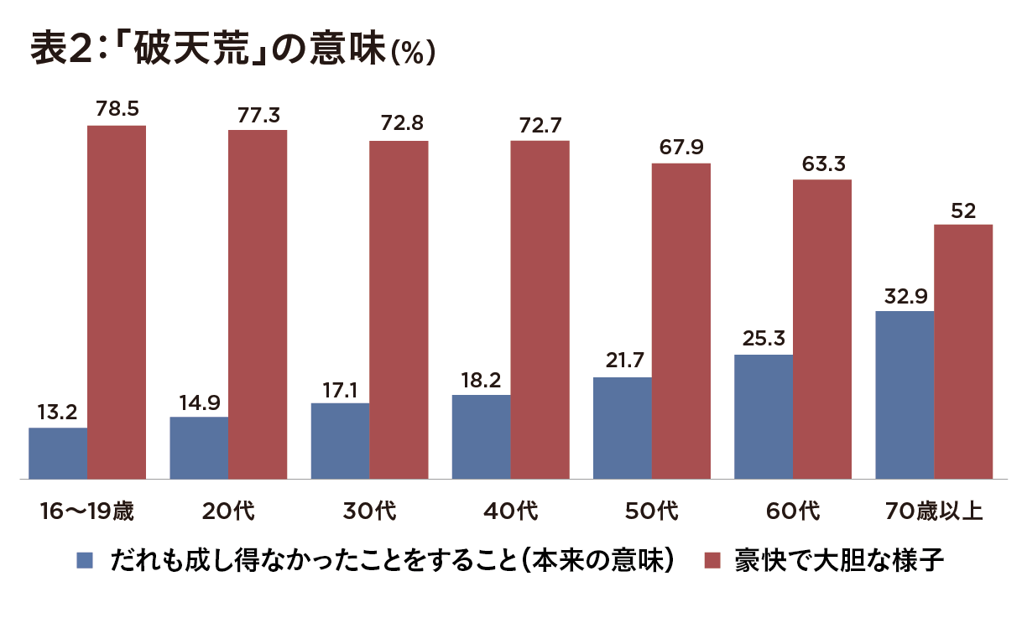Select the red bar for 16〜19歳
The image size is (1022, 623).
tap(117, 302)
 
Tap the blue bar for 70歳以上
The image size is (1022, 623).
tap(905, 395)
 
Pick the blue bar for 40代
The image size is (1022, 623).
tap(481, 437)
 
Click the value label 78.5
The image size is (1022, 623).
tap(117, 108)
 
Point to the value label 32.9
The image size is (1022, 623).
tap(904, 295)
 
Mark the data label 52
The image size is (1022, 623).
tap(963, 210)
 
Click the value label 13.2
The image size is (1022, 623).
tap(58, 412)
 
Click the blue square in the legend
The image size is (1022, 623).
tap(85, 560)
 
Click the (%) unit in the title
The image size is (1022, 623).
tap(412, 54)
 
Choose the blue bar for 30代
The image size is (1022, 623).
tap(340, 441)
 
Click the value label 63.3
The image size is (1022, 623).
tap(822, 164)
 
